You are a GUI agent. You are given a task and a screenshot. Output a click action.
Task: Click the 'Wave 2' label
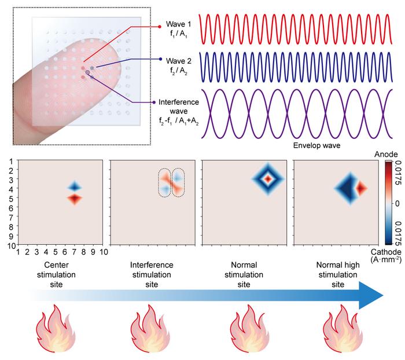click(178, 59)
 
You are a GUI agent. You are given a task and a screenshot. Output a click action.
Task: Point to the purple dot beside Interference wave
click(153, 102)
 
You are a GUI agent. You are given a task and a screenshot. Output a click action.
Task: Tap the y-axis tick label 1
click(11, 164)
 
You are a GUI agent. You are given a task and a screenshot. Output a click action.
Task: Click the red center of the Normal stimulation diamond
click(268, 179)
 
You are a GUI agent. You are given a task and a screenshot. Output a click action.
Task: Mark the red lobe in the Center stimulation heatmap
click(74, 199)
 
